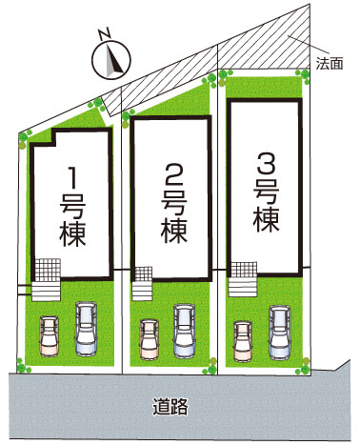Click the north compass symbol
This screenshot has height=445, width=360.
tap(111, 59)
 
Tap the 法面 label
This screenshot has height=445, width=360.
tap(330, 64)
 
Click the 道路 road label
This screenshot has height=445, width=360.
tap(170, 407)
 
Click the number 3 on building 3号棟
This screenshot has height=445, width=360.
tap(267, 163)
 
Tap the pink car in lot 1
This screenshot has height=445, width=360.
tap(50, 335)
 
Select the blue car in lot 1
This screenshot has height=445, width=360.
tap(86, 329)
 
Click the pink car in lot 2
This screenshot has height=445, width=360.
tap(150, 340)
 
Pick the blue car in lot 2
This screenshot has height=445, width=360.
tap(185, 332)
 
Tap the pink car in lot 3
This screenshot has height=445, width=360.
tap(243, 341)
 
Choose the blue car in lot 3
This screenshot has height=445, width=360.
tap(280, 333)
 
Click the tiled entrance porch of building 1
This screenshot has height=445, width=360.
tap(47, 270)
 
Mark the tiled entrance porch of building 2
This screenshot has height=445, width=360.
tap(143, 274)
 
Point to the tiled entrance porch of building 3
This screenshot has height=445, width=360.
tap(243, 270)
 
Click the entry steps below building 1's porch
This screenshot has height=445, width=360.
tap(46, 292)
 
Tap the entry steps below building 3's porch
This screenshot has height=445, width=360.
tap(243, 287)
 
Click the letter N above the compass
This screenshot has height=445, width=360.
tap(105, 34)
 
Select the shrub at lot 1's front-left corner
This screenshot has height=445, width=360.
tap(22, 367)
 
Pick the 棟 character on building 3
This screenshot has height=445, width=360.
tap(266, 220)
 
